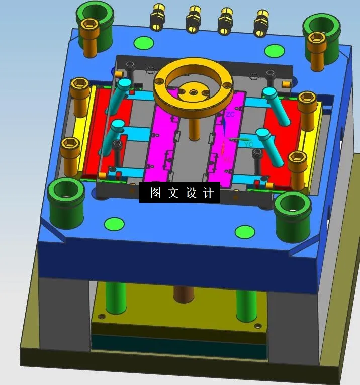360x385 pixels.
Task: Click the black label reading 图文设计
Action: [x=179, y=192]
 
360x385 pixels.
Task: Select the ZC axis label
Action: [x=230, y=115]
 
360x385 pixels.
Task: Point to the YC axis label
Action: [x=248, y=144]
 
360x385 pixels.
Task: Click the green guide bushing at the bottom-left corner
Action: [x=65, y=199]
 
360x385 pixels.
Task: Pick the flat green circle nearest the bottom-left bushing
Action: [x=114, y=223]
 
